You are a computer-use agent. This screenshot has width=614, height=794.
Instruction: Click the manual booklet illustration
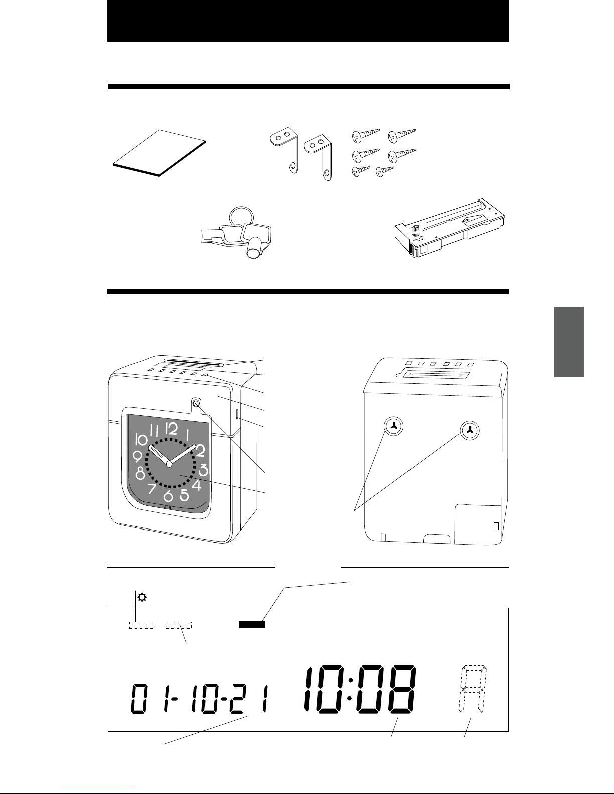159,153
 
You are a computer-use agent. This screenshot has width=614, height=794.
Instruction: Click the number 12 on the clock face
171,428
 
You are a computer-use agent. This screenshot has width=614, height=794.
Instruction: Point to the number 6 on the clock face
168,496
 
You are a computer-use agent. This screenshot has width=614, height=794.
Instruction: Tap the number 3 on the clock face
203,470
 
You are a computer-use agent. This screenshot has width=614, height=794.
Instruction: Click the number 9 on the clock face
138,456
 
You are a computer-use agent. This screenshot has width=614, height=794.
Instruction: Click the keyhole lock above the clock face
196,403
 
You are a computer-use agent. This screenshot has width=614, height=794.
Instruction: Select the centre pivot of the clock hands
169,464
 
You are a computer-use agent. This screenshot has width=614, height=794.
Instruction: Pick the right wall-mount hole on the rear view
470,430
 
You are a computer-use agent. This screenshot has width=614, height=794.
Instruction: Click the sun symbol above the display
142,597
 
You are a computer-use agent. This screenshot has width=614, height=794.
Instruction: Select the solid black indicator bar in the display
252,625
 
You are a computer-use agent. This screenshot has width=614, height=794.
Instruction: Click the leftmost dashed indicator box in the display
142,625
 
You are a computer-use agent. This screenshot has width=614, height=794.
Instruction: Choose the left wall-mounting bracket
284,149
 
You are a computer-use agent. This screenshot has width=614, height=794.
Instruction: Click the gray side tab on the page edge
569,342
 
